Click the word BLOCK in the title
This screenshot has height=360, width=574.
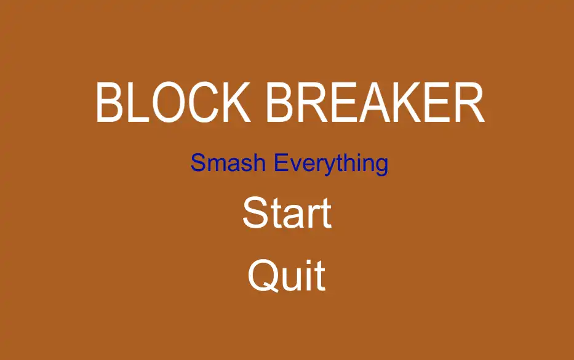[x=173, y=102]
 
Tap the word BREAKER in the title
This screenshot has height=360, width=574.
[x=375, y=102]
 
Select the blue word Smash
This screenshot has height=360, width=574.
[x=228, y=162]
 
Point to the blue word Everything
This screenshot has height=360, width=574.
[x=331, y=164]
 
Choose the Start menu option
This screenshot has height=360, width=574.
[x=287, y=213]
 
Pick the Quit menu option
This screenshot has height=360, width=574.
[x=287, y=276]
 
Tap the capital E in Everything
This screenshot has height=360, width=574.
[x=281, y=162]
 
